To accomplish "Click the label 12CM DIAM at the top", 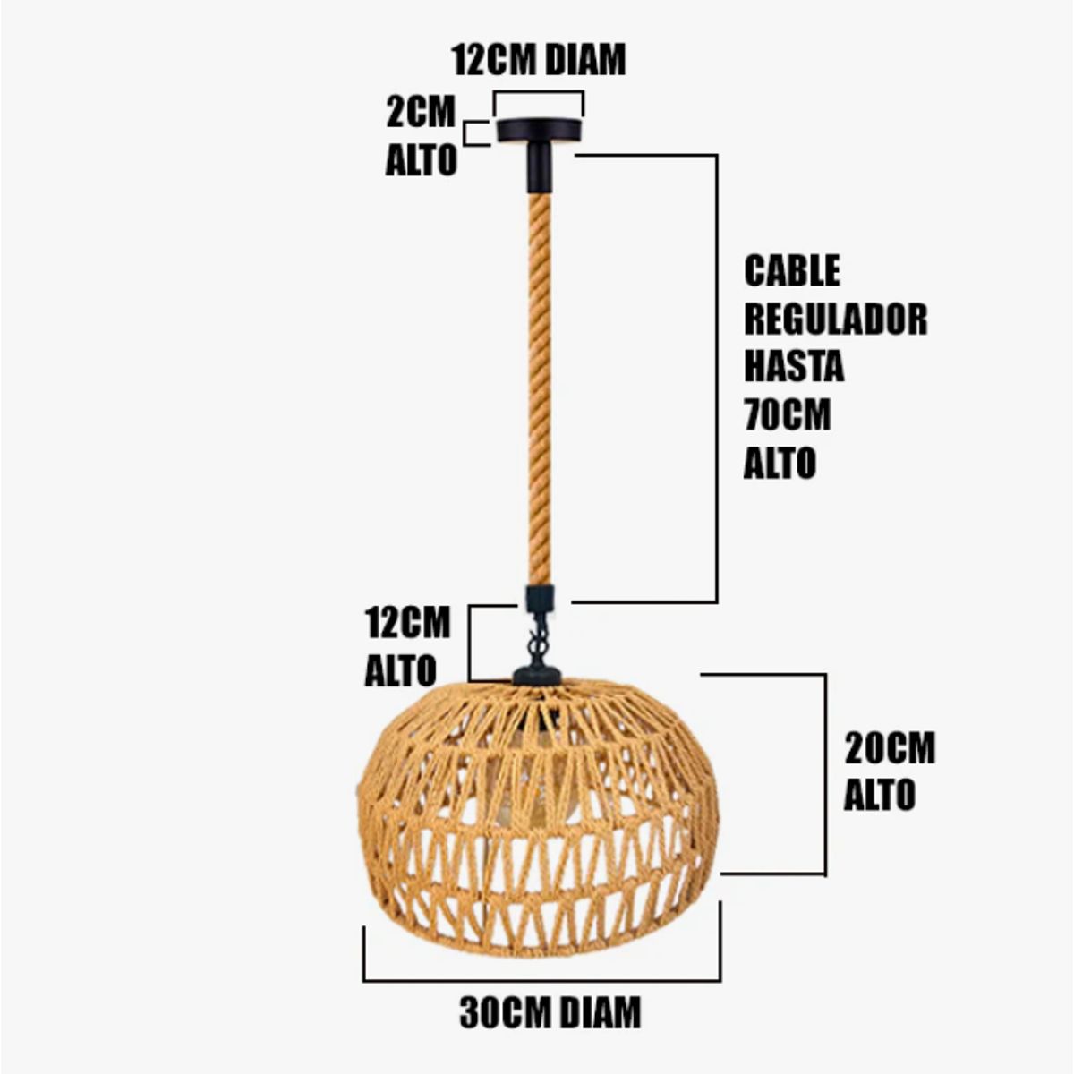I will point(539,60).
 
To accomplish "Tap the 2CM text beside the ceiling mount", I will point(421,114).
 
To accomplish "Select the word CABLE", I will point(792,270).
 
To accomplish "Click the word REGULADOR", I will point(835,319).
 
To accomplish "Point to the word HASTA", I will point(793,367).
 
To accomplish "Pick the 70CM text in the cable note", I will point(788,415).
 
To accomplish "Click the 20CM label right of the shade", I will point(890,748).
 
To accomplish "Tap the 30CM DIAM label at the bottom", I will point(550,1012).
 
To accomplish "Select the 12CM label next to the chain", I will point(407,623).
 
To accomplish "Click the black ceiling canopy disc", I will point(539,131).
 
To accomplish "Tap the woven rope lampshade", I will point(537,805).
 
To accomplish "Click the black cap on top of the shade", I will point(537,674).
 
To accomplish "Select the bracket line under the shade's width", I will point(541,980).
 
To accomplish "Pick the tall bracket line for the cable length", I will point(717,376).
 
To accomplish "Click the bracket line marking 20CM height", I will point(824,774).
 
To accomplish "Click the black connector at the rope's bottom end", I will point(539,597).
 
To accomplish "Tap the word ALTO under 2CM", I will point(421,161).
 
